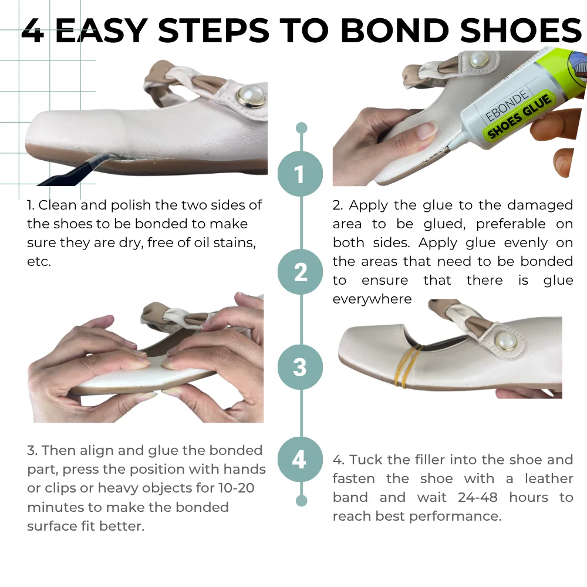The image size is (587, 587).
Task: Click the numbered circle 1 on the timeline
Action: (301, 174)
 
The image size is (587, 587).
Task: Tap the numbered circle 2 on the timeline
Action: (301, 271)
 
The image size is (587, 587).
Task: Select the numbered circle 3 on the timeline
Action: (300, 367)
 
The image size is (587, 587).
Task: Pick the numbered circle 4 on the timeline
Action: (299, 459)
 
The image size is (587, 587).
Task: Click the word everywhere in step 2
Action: (372, 299)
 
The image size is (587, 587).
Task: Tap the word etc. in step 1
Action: (39, 261)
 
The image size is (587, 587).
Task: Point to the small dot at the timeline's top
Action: (302, 128)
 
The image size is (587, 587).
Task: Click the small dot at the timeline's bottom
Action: (302, 501)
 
